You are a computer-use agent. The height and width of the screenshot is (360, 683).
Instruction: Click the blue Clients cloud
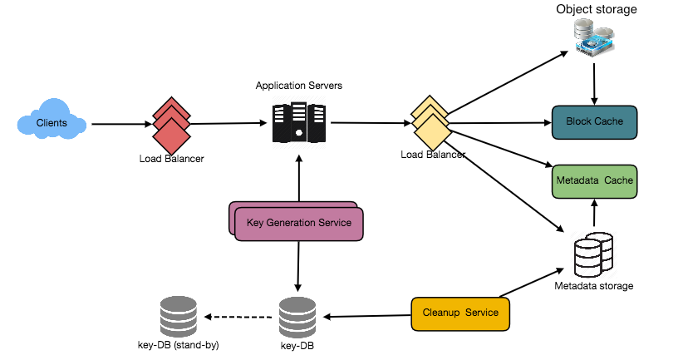point(52,122)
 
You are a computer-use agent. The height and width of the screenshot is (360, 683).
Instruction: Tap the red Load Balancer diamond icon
point(171,125)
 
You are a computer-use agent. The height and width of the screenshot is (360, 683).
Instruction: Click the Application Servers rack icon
point(299,123)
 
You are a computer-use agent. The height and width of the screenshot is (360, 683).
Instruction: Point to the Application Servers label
point(299,86)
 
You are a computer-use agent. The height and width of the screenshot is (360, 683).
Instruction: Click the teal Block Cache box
point(594,122)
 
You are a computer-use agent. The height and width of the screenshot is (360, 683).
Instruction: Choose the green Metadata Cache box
point(594,181)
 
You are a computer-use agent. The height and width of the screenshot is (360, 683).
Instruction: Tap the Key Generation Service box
point(299,223)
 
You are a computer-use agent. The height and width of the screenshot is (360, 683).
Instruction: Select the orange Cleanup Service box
point(460,313)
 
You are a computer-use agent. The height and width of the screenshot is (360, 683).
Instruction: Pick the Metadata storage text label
point(593,286)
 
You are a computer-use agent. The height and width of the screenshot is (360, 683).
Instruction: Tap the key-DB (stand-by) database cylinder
point(177,316)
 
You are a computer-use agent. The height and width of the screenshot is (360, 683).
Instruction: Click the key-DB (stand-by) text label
point(177,344)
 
